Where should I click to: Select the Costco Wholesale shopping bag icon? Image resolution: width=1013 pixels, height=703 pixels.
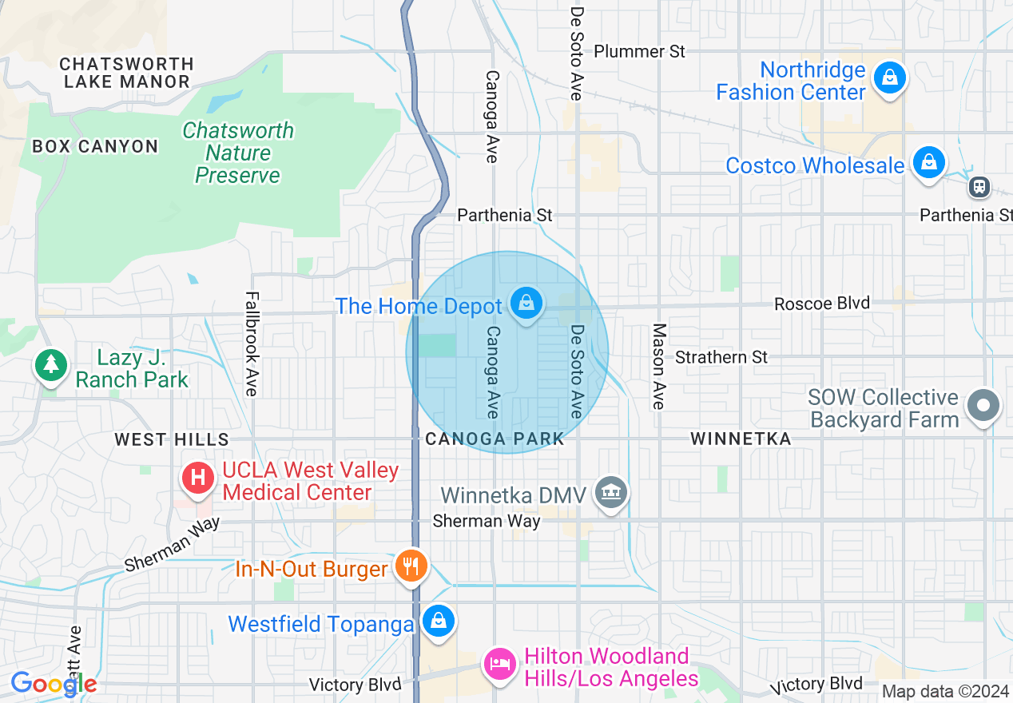click(x=928, y=163)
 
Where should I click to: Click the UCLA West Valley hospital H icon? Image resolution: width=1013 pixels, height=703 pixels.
click(x=198, y=479)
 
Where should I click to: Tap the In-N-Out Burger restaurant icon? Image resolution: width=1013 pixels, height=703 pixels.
click(x=411, y=566)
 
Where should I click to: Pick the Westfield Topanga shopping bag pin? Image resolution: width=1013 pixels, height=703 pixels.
click(x=438, y=621)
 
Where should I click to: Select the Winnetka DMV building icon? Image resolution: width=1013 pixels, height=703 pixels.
click(x=611, y=492)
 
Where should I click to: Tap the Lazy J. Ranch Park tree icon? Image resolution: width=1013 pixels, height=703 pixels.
click(x=52, y=365)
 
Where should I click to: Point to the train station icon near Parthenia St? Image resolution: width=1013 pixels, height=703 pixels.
click(x=979, y=187)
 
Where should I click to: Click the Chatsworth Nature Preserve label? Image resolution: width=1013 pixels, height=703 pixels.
click(x=238, y=153)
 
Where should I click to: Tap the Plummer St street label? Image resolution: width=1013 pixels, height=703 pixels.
click(x=639, y=51)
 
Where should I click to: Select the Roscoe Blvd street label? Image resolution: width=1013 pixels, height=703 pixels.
click(x=822, y=304)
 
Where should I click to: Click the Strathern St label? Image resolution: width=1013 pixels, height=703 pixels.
click(x=721, y=356)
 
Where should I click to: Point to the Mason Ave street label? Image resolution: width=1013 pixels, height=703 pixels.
click(x=659, y=366)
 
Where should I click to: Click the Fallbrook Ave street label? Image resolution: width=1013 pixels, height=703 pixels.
click(x=252, y=344)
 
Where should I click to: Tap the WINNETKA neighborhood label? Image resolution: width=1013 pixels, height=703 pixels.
click(x=741, y=439)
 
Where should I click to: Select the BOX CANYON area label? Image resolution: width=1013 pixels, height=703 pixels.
click(x=95, y=146)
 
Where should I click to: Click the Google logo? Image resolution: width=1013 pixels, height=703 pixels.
click(x=54, y=683)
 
